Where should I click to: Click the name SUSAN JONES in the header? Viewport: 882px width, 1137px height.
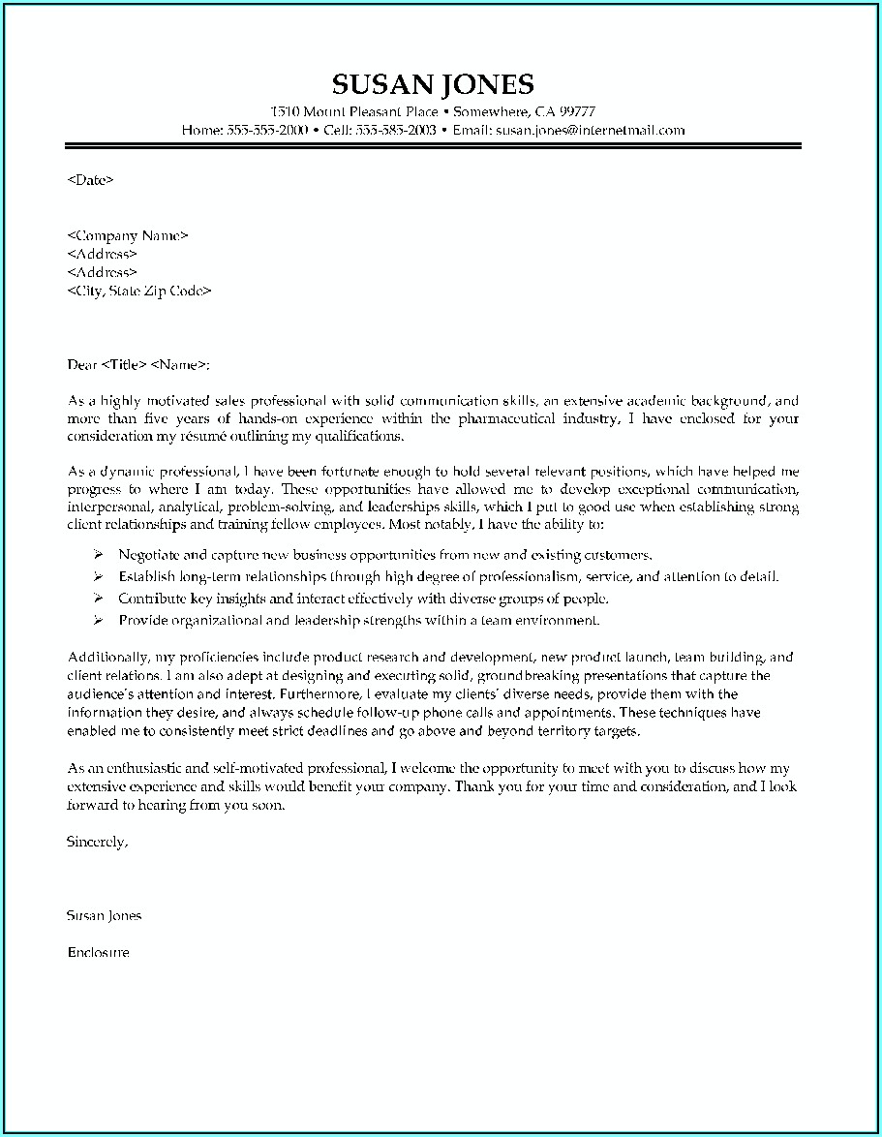(x=432, y=83)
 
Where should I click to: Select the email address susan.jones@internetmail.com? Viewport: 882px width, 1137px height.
(x=590, y=129)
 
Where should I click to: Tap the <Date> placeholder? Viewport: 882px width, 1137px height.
(x=91, y=179)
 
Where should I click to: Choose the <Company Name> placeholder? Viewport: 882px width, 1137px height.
(x=128, y=235)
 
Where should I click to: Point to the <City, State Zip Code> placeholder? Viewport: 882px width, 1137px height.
(x=139, y=291)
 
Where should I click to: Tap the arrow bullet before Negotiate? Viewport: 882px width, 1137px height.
(x=98, y=556)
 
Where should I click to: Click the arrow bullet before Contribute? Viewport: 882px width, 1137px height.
(x=98, y=599)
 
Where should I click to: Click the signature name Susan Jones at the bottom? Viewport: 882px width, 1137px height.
(x=105, y=915)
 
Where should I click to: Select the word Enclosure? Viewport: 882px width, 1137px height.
(x=99, y=952)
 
